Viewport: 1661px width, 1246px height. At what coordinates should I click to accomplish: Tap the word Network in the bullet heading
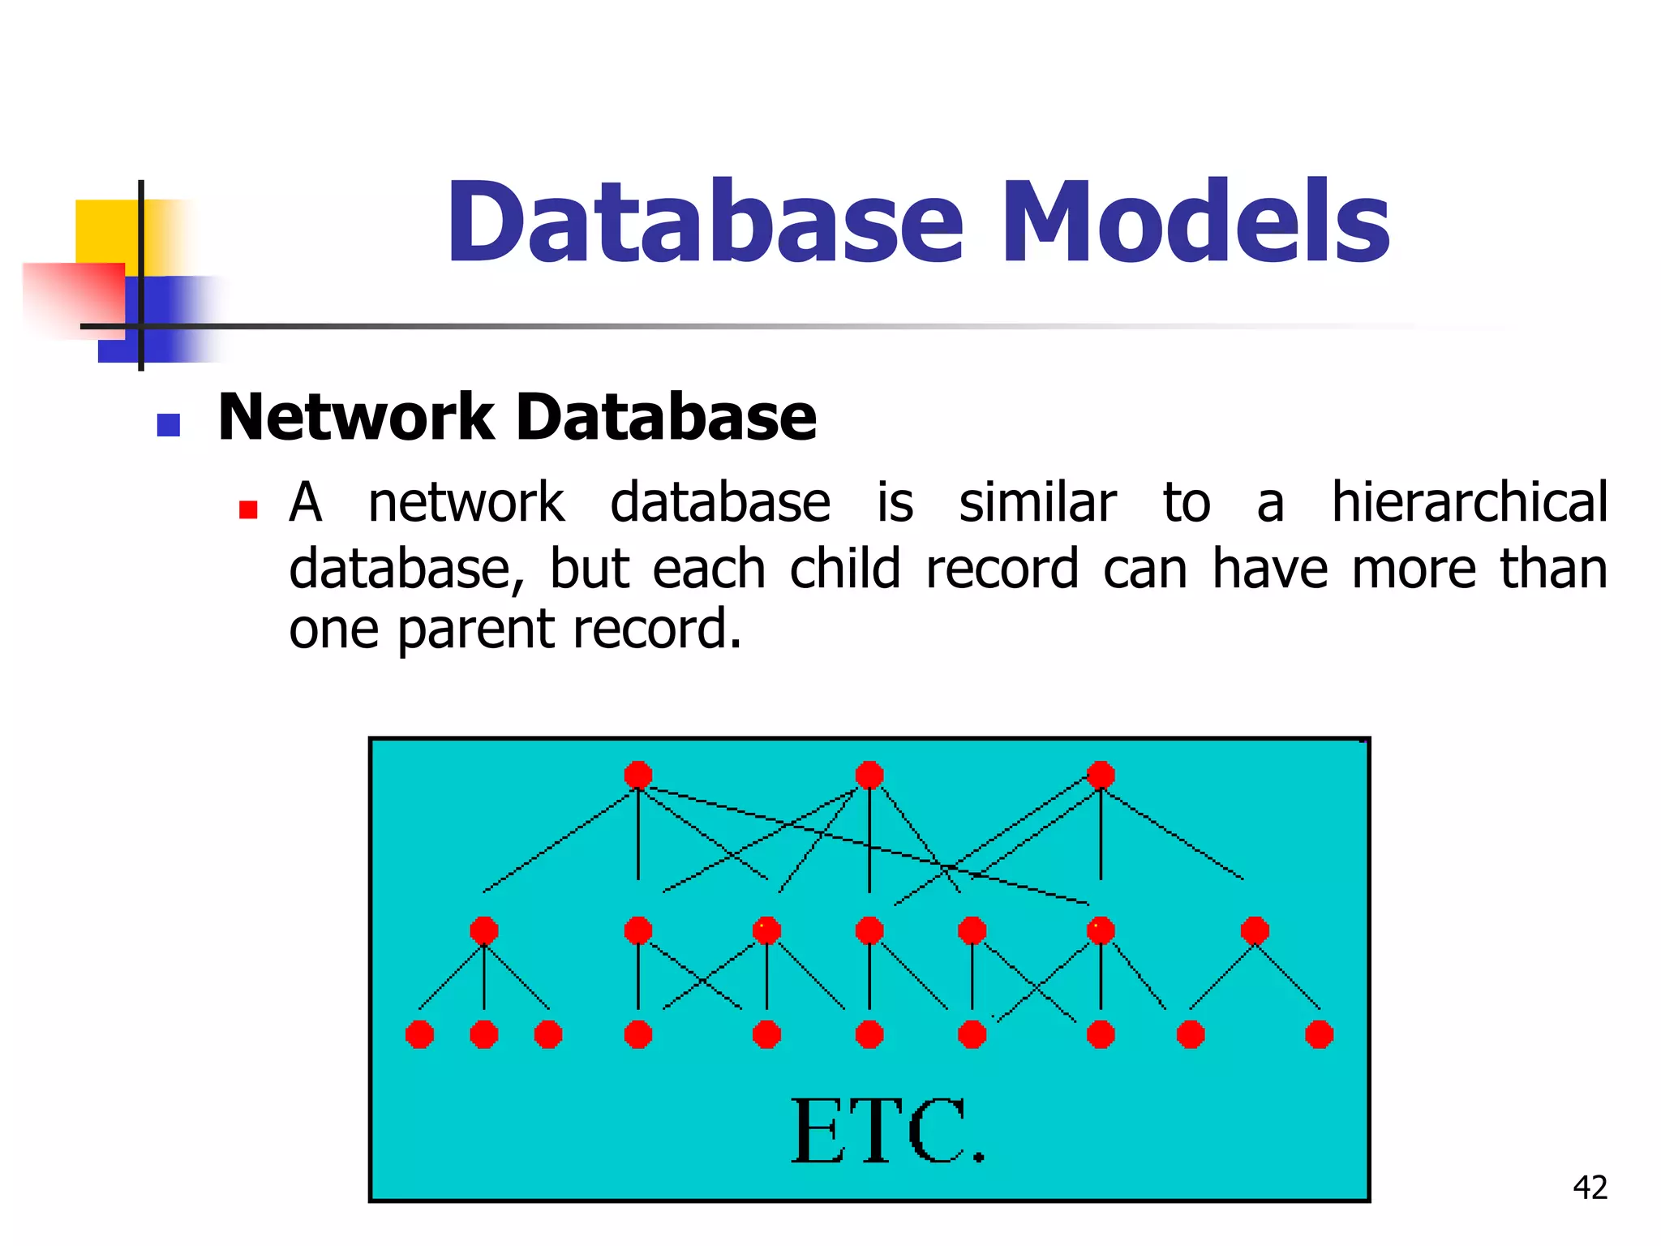click(x=355, y=417)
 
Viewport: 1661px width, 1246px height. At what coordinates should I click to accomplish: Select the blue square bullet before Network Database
click(x=168, y=425)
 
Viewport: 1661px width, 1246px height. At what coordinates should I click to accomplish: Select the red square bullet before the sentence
click(x=248, y=509)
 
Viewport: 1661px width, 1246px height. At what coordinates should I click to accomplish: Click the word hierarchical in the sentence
click(x=1469, y=502)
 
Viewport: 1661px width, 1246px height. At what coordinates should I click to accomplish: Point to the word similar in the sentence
click(x=1037, y=502)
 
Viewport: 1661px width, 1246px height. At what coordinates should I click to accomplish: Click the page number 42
click(x=1590, y=1188)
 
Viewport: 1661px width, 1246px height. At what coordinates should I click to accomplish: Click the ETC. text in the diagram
click(x=887, y=1132)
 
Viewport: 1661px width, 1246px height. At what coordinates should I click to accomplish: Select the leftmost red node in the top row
click(x=638, y=775)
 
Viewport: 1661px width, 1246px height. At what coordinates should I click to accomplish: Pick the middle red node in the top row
click(x=869, y=775)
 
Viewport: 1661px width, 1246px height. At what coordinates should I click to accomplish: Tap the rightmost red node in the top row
click(x=1101, y=775)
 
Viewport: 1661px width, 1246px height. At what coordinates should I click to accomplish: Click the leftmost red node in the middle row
click(x=484, y=930)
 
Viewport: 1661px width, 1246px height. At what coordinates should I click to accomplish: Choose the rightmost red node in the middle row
click(x=1255, y=930)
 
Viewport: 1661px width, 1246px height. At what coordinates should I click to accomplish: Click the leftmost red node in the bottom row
click(x=419, y=1034)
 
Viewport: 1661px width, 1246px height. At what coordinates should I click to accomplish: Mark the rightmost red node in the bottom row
click(x=1319, y=1034)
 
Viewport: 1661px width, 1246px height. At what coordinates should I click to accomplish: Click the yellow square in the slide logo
click(x=105, y=230)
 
